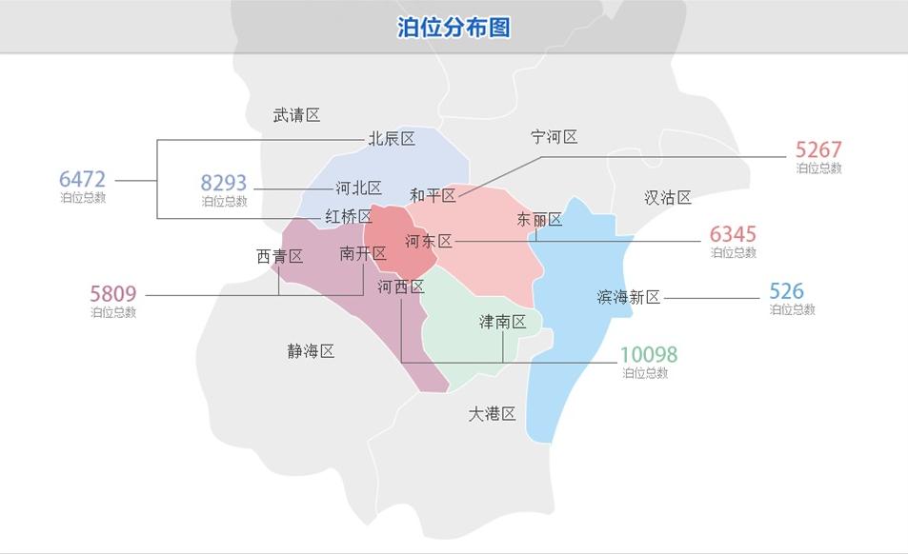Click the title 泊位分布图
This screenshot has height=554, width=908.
pos(454,27)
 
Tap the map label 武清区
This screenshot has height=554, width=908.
pos(296,115)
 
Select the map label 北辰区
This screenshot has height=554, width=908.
pos(392,139)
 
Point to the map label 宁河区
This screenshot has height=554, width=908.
pos(555,137)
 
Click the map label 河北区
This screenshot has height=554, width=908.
pos(358,188)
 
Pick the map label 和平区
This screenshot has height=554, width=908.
pos(433,195)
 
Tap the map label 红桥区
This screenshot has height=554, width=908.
pos(348,217)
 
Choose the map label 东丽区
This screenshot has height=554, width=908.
pos(539,220)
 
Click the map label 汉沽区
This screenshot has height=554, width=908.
pos(667,198)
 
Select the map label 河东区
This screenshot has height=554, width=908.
pos(428,241)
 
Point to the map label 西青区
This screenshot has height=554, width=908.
pos(279,256)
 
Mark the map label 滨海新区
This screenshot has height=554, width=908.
pos(629,297)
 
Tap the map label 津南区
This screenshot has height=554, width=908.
pos(502,322)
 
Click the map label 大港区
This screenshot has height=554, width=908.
pos(492,414)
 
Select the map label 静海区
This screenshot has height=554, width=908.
pos(311,351)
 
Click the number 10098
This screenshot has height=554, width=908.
pos(649,355)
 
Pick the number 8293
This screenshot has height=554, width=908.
pos(224,183)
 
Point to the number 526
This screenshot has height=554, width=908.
pos(787,291)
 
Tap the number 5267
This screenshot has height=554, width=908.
pos(818,149)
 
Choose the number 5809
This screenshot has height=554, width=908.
pos(113,294)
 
